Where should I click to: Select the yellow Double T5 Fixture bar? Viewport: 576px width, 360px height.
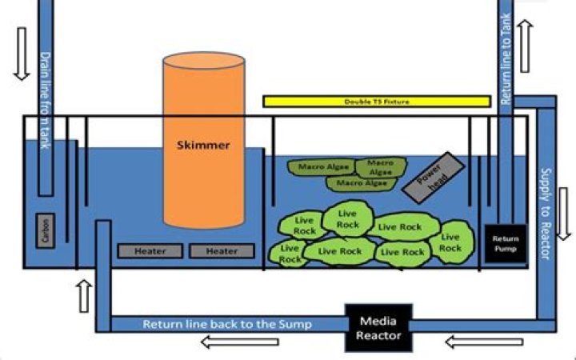point(376,102)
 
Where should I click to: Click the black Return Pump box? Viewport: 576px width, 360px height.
point(505,243)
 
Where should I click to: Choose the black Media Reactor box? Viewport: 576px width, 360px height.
point(378,327)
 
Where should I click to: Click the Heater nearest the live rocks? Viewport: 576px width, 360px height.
point(222,250)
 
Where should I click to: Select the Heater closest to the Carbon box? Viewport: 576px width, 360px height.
point(150,250)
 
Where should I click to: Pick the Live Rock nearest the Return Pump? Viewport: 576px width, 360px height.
point(450,242)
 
